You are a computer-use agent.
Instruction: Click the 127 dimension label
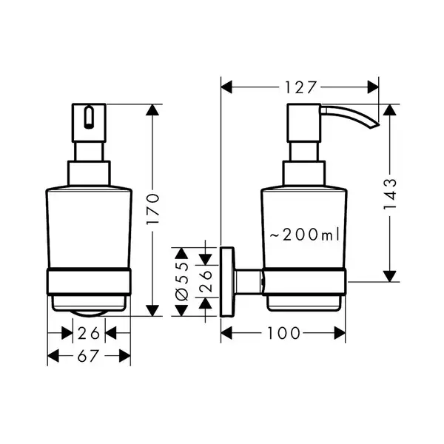coord(300,87)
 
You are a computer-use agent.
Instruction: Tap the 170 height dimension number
coord(153,209)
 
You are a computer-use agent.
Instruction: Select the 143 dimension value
coord(390,194)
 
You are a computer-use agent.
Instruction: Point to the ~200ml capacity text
coord(304,235)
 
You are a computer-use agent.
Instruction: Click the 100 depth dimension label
coord(283,333)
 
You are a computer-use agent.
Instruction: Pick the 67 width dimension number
coord(88,356)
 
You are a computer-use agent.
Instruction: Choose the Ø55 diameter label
coord(181,281)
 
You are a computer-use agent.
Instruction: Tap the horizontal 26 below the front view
coord(89,333)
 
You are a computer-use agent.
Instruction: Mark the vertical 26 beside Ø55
coord(206,281)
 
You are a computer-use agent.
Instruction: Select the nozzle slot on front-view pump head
coord(89,117)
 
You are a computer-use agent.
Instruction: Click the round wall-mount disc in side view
coord(227,282)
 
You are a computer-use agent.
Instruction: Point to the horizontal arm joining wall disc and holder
coord(248,282)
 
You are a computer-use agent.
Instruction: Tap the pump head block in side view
coord(304,123)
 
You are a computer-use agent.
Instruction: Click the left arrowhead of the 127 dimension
coord(226,87)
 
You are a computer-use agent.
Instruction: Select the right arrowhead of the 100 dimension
coord(340,333)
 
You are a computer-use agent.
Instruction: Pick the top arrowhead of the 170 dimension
coord(152,110)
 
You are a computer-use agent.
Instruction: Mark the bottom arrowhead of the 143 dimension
coord(390,276)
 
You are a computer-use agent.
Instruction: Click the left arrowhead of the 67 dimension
coord(53,356)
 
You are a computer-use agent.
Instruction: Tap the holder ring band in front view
coord(89,281)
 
